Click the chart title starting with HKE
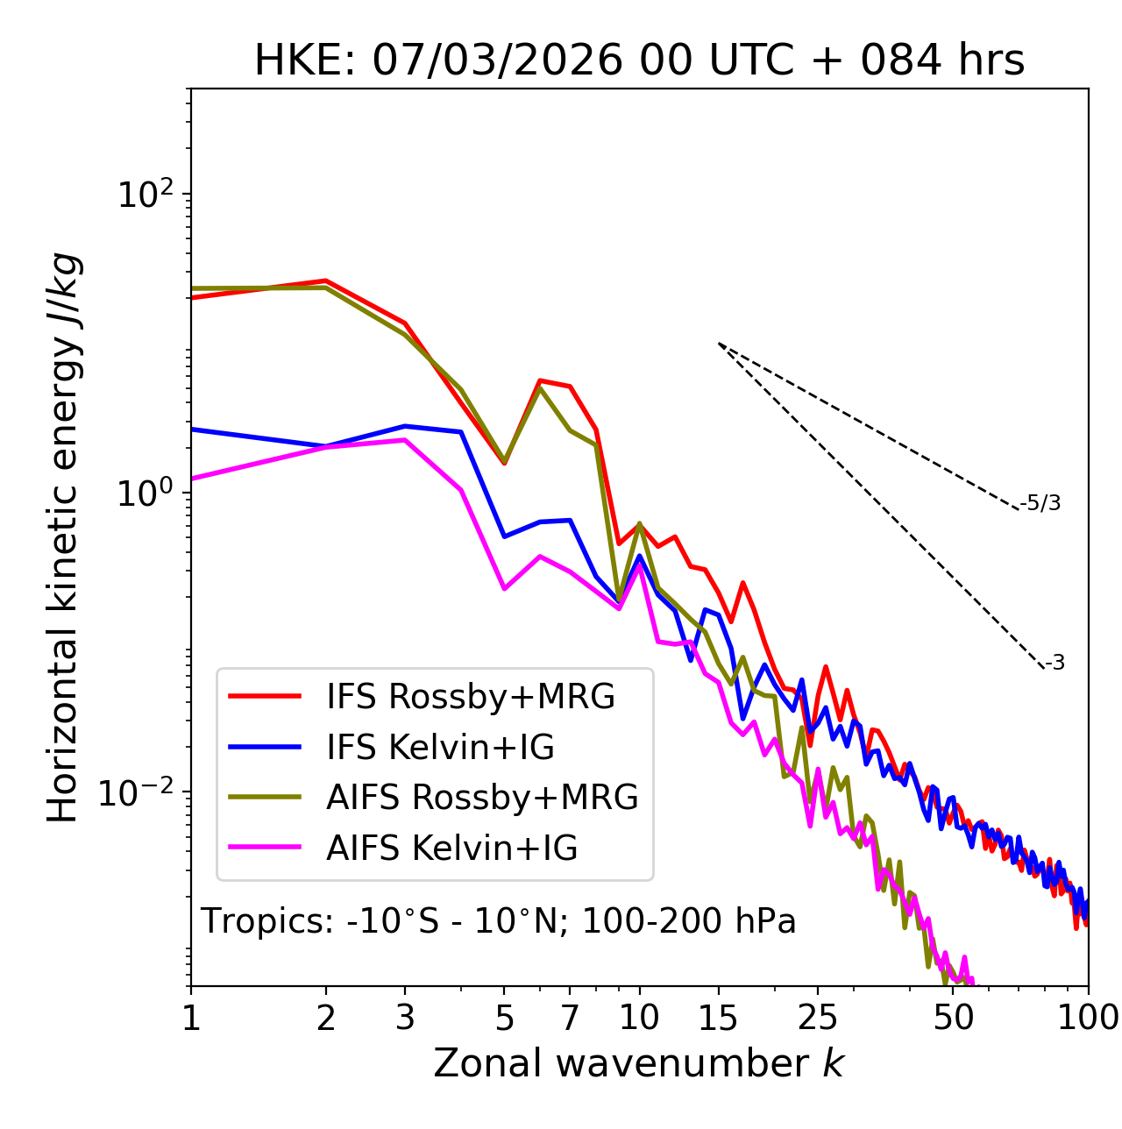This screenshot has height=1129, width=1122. [639, 61]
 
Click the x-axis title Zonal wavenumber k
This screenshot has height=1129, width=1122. [638, 1063]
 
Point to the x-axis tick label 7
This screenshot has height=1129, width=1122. [571, 1017]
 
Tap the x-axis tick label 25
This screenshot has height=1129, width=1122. [818, 1017]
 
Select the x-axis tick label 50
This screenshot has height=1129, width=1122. [954, 1017]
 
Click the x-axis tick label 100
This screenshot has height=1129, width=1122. [1088, 1017]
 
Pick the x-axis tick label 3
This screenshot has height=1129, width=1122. [405, 1017]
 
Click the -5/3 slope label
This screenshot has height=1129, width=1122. [1040, 503]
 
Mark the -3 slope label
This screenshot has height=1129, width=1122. [1055, 664]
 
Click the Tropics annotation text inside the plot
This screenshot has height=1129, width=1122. [498, 922]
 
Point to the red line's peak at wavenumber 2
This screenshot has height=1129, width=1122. [326, 280]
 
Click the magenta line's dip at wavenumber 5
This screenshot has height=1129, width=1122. [504, 588]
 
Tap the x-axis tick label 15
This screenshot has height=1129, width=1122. [718, 1017]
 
